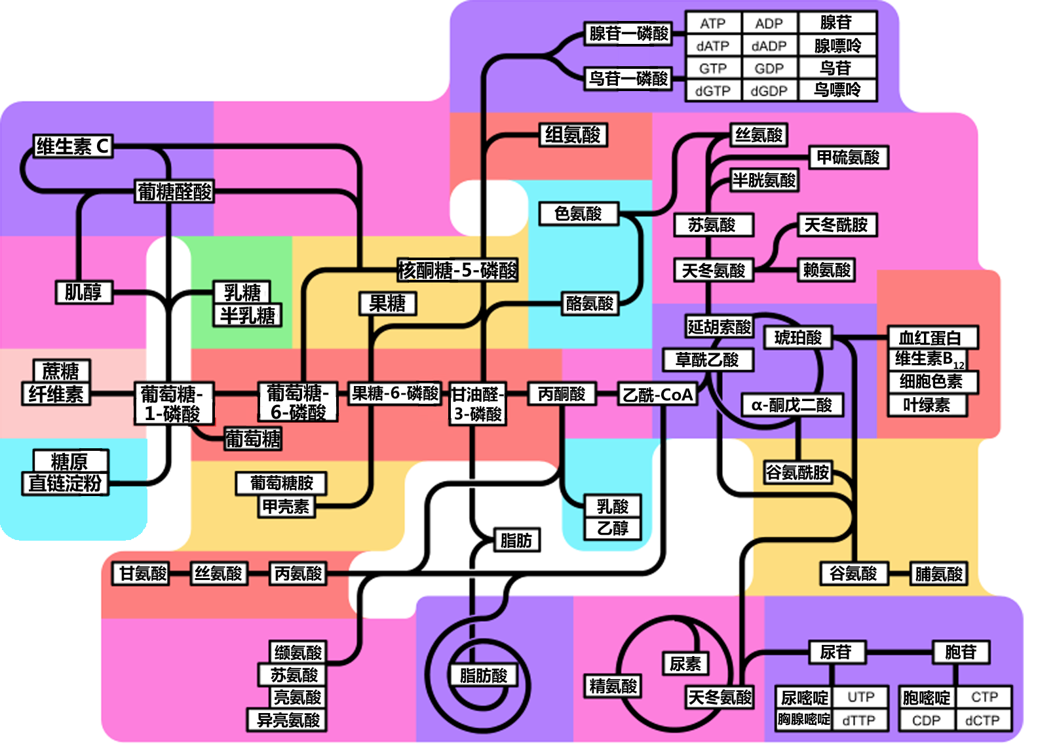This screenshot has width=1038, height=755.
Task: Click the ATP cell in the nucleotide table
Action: coord(713,24)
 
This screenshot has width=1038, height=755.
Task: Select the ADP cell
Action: coord(769,24)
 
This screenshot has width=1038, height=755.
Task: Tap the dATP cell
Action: coord(713,46)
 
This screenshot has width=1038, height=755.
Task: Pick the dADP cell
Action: coord(769,46)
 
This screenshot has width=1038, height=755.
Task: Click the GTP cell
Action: coord(713,68)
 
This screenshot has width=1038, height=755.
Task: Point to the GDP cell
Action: coord(769,68)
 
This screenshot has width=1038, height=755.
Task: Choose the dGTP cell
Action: coord(713,91)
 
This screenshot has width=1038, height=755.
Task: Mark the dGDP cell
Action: coord(769,91)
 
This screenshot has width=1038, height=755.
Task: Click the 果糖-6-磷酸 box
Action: coord(395,393)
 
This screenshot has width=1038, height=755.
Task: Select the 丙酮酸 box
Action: coord(562,394)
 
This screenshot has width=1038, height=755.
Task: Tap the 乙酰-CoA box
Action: coord(657,395)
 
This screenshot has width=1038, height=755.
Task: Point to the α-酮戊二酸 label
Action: coord(792,405)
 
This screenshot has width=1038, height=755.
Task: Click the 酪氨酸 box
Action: coord(590,303)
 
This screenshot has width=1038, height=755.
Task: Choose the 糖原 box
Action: coord(69,461)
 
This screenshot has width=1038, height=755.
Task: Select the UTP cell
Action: coord(861,697)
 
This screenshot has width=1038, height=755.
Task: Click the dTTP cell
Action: coord(859,720)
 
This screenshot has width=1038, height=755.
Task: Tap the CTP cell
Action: coord(984,697)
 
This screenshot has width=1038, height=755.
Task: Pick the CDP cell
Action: coord(926,720)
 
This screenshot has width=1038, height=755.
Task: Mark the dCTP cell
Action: coord(982,720)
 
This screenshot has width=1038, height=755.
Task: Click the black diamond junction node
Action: coord(486,206)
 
